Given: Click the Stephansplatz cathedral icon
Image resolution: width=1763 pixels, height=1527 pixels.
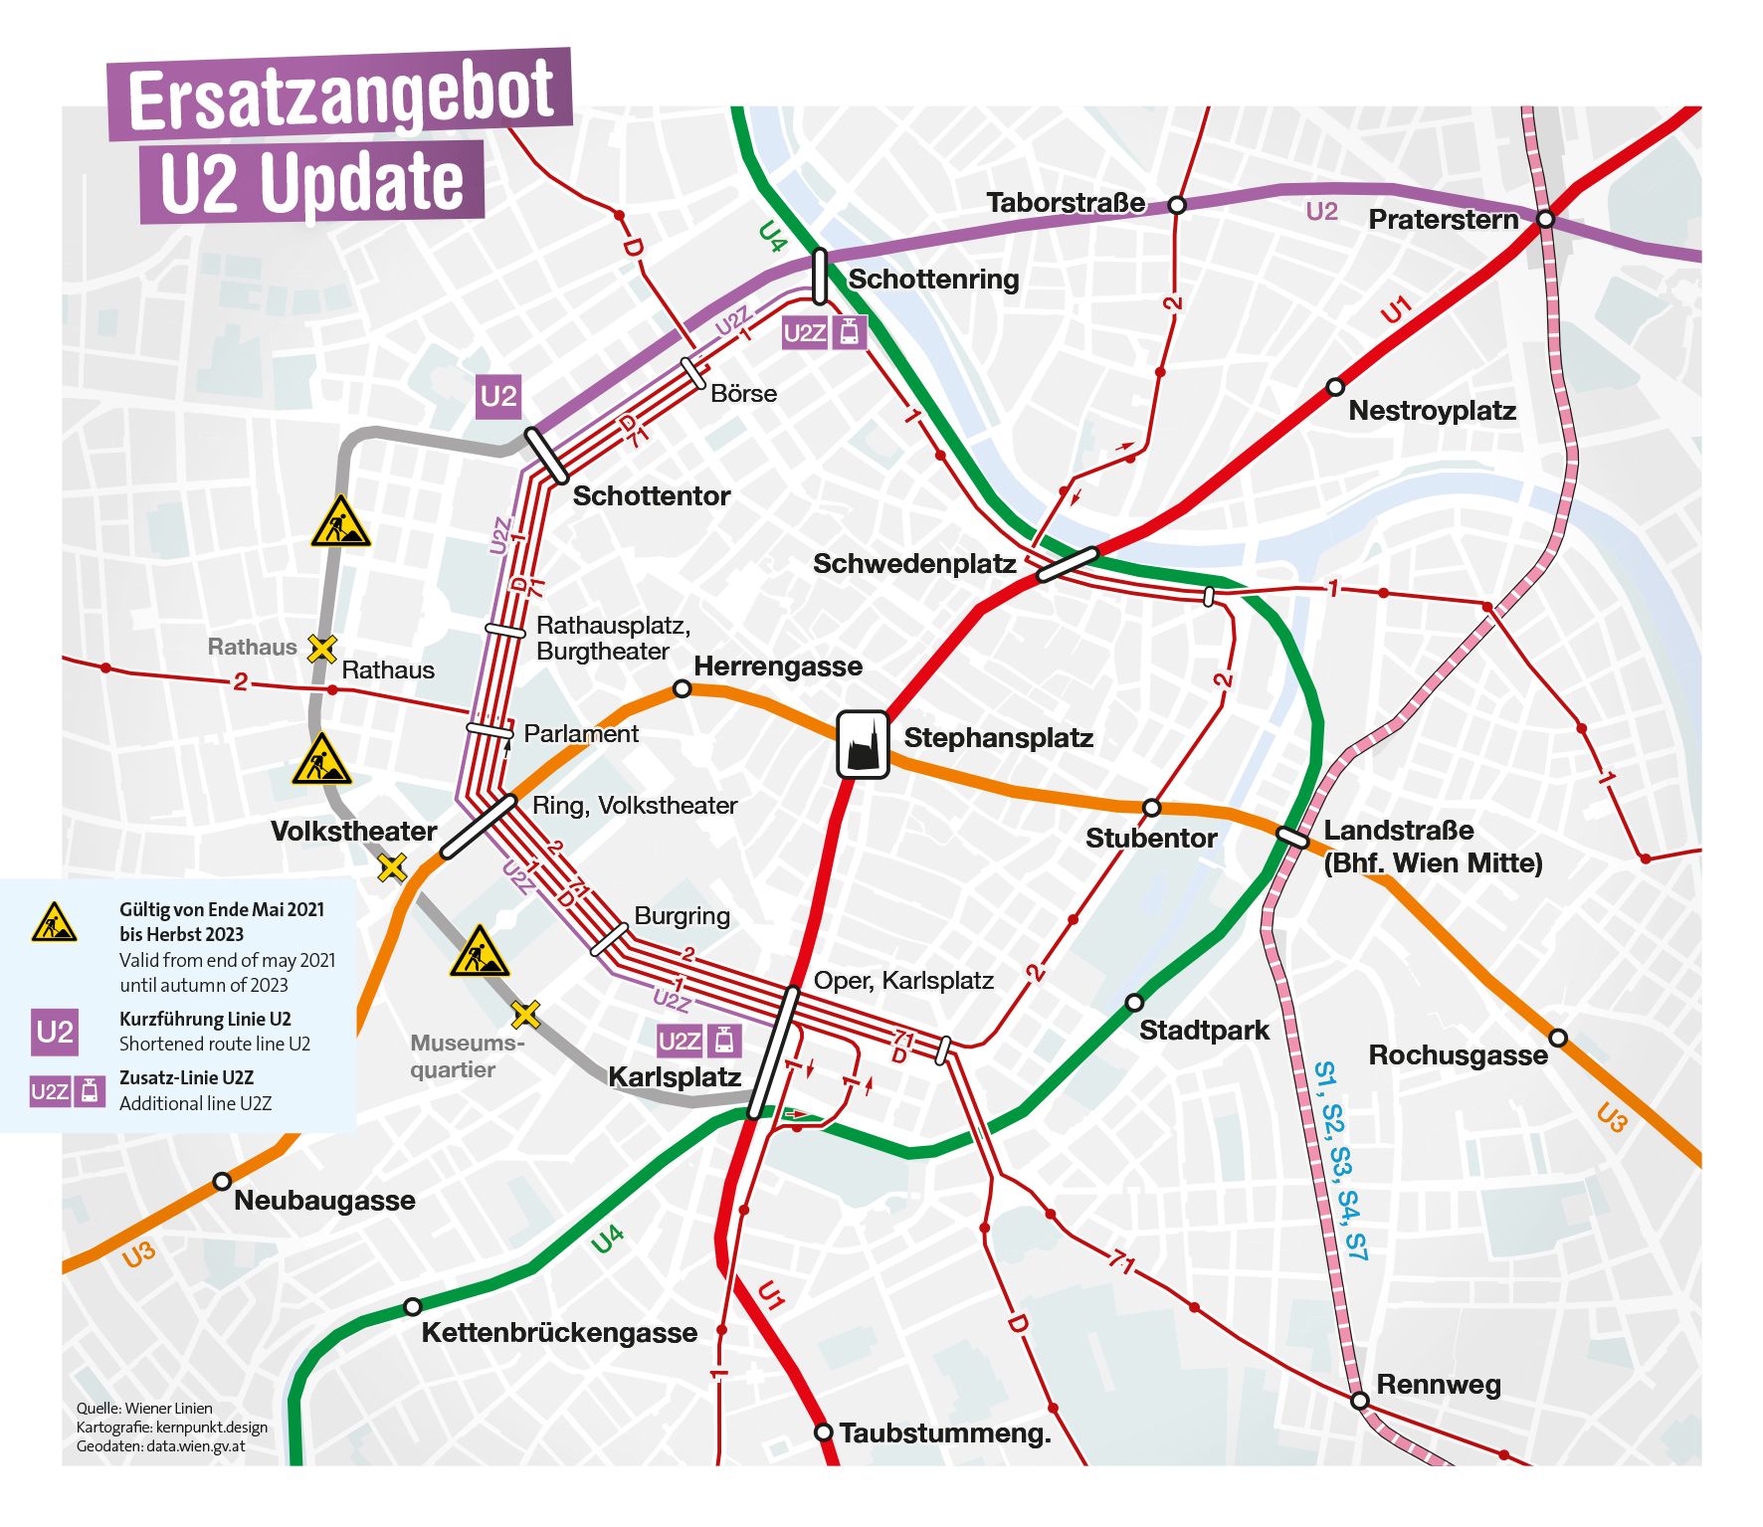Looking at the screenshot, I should [863, 744].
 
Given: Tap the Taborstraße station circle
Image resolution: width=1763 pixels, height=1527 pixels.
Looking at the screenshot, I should [1176, 205].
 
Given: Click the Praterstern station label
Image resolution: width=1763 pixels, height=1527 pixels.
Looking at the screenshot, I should [1443, 220].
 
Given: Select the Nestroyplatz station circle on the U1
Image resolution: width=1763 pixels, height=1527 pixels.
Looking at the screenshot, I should [1335, 387].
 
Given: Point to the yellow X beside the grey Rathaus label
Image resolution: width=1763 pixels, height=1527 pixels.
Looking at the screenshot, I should [321, 649].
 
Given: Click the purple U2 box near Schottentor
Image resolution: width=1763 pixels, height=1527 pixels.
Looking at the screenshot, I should [498, 397].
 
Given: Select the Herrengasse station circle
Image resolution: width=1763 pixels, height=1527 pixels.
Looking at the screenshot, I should [682, 688].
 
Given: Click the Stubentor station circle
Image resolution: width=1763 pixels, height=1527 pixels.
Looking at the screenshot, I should [1151, 807].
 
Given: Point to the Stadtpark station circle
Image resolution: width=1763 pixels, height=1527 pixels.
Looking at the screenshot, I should [1134, 1002].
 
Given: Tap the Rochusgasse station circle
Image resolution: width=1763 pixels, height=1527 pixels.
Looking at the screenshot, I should [1558, 1038].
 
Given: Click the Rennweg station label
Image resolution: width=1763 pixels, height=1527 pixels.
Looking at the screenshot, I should [1438, 1385].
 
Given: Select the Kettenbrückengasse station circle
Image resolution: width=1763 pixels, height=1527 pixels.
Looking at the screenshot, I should [412, 1306].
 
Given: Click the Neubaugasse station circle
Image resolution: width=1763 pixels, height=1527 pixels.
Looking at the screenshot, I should [221, 1182].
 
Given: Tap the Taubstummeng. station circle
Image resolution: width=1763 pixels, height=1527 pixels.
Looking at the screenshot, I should [823, 1432].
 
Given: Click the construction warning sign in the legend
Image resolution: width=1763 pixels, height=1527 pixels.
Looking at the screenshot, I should [54, 923].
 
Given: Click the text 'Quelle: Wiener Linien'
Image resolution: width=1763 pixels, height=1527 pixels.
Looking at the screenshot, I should [144, 1408].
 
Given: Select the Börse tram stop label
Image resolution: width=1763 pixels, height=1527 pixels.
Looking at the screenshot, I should [743, 394].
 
